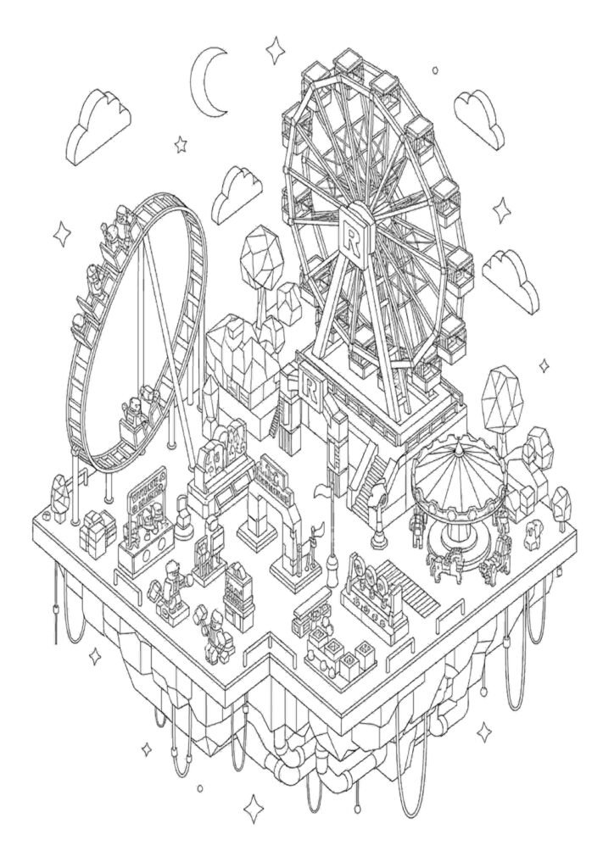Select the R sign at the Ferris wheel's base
(x=310, y=389)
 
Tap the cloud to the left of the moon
(x=100, y=119)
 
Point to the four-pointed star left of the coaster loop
(x=61, y=231)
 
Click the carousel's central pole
(x=457, y=526)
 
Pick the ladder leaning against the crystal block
(x=276, y=415)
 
